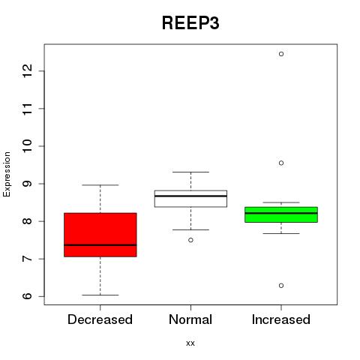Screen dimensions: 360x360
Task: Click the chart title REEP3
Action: (x=190, y=23)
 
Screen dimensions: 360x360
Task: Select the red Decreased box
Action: (x=100, y=235)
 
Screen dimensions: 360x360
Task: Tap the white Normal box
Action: (x=190, y=199)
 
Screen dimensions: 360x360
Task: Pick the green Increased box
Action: (x=281, y=214)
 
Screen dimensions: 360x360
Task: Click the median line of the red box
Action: (x=100, y=245)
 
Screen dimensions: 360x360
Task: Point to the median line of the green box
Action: (x=281, y=213)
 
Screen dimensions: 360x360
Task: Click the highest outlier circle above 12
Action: (x=281, y=54)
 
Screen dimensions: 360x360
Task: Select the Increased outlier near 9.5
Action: (x=281, y=163)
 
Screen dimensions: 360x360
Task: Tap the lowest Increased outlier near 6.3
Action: (x=281, y=286)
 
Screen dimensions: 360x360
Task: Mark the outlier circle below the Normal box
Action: (x=190, y=240)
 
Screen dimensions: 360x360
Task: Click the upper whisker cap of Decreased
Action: (x=100, y=185)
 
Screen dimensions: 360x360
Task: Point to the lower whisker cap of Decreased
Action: (x=100, y=295)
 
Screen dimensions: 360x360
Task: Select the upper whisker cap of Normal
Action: (x=190, y=172)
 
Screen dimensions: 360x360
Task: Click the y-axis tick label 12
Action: (x=28, y=71)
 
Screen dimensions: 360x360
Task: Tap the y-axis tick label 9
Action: (x=28, y=184)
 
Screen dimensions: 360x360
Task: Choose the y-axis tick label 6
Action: (x=28, y=296)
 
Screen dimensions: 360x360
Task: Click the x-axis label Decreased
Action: (x=100, y=319)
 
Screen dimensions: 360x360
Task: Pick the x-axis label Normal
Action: (x=190, y=319)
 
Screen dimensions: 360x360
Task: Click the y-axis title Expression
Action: (x=7, y=174)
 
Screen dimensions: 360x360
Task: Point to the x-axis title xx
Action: (x=190, y=343)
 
